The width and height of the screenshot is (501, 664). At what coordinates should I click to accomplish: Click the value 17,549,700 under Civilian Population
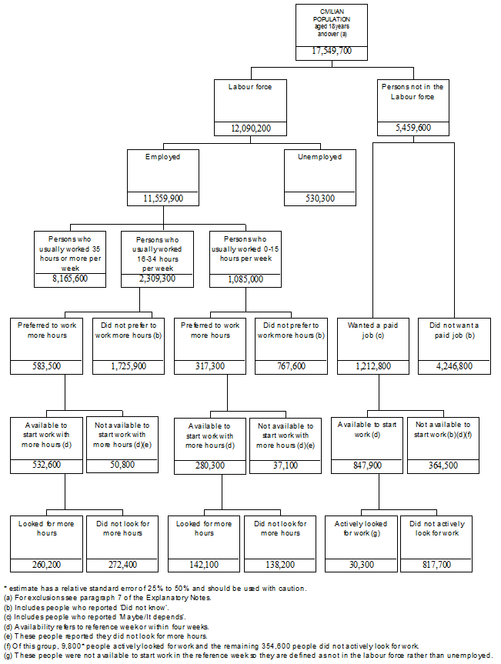pos(332,51)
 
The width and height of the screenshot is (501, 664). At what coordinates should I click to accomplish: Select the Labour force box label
pos(250,87)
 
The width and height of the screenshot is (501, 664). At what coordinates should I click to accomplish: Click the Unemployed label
pos(319,157)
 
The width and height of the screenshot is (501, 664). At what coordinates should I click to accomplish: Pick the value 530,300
pos(319,198)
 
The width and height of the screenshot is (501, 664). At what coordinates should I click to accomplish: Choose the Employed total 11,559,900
pos(163,198)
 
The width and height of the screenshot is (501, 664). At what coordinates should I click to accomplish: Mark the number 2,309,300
pos(157,279)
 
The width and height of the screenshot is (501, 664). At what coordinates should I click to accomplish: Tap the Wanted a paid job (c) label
pos(372,330)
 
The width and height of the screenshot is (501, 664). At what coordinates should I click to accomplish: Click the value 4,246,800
pos(454,366)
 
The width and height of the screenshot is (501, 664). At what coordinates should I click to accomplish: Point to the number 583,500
pos(47,366)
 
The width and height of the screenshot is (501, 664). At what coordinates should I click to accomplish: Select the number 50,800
pos(122,465)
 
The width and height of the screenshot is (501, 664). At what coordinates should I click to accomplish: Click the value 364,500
pos(443,465)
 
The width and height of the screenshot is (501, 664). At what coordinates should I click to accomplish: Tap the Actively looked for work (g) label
pos(360,529)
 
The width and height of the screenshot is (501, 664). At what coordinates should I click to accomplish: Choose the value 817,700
pos(436,565)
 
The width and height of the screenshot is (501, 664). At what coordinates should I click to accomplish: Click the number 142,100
pos(204,565)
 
